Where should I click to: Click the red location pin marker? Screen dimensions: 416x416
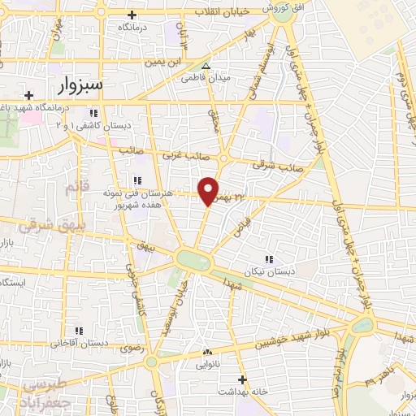[x=209, y=190]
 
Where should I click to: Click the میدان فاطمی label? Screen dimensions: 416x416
[x=210, y=79]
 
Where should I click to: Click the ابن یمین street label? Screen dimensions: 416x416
[x=161, y=63]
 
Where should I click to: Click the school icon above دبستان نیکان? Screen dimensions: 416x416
[x=269, y=259]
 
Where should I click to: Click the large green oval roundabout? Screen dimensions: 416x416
[x=193, y=261]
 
